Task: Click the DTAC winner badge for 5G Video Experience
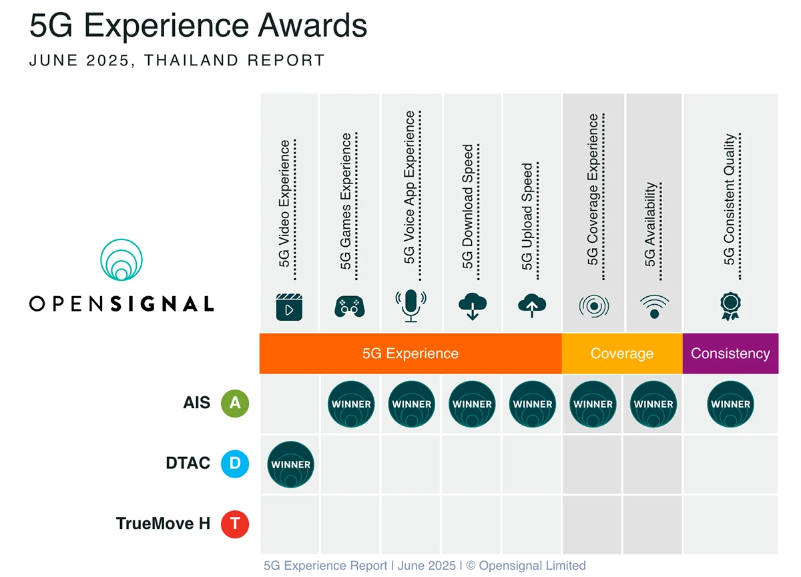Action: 290,464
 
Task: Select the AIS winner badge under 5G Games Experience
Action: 351,404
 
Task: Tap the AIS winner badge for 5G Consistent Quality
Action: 730,404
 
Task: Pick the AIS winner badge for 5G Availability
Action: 653,404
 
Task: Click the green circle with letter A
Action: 235,404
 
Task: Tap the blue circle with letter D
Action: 235,464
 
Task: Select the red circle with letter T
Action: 235,524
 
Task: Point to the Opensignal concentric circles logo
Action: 121,260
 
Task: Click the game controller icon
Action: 350,306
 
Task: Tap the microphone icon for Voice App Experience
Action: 411,306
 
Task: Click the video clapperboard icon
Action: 289,308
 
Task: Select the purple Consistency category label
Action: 730,354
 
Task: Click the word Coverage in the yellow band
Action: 621,354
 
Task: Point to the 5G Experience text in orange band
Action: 410,354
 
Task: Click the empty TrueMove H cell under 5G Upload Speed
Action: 532,524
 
